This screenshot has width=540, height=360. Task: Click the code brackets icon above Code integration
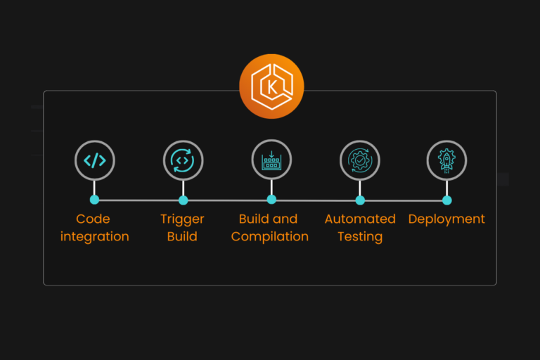[95, 160]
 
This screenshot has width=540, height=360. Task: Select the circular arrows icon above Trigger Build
[183, 160]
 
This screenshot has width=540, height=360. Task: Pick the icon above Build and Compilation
[271, 160]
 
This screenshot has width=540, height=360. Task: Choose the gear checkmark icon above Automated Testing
[360, 160]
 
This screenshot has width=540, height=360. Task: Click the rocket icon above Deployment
[447, 160]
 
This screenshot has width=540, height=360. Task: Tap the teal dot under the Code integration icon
[95, 200]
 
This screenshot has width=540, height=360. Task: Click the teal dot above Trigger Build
[183, 200]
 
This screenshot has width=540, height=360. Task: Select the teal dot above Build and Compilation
[271, 200]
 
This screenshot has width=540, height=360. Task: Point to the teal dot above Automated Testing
[360, 200]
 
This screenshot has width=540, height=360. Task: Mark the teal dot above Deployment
[447, 200]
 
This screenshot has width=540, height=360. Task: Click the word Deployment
[446, 219]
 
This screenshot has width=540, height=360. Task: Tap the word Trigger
[182, 219]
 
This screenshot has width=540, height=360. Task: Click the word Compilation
[270, 237]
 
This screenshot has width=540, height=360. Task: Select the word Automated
[360, 219]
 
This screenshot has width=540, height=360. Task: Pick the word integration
[95, 237]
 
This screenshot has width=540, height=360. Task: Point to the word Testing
[360, 237]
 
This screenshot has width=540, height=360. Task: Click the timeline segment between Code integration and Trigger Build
[139, 200]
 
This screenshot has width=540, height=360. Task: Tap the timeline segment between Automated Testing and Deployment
[404, 200]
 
